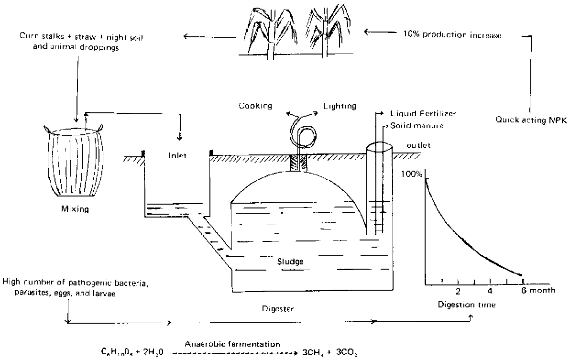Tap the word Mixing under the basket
pos(75,209)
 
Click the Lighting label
pos(340,106)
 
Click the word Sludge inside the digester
pos(291,262)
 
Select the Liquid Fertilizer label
pos(421,114)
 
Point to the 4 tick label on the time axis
pos(489,291)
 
